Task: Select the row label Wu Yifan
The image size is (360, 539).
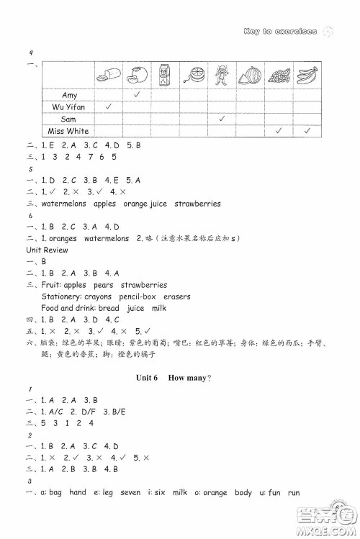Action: click(70, 107)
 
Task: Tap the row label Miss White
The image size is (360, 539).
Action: click(68, 131)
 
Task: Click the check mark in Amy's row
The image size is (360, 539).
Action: click(136, 95)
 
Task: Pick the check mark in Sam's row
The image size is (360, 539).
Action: click(222, 119)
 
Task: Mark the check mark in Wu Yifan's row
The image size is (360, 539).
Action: click(108, 107)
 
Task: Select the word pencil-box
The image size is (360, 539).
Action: click(138, 296)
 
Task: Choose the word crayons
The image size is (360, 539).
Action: click(99, 296)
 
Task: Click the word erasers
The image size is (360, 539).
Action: click(176, 296)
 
